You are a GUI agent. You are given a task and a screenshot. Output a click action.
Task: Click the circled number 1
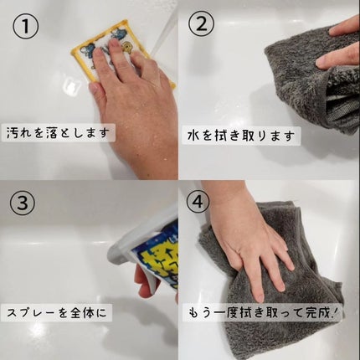click(27, 28)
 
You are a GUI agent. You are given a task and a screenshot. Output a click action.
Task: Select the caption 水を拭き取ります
click(239, 132)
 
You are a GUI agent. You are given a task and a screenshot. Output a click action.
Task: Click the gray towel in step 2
click(301, 84)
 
